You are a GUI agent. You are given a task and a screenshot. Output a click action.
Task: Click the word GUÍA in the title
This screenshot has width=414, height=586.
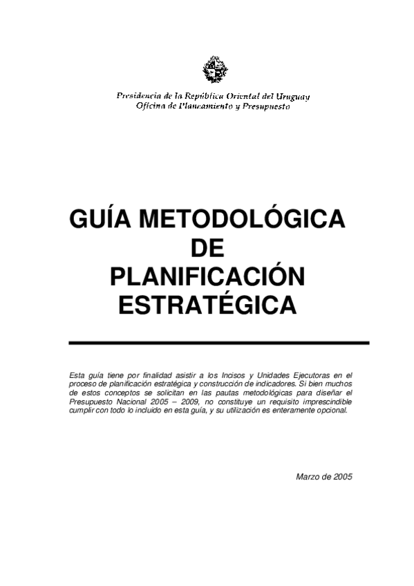pos(100,220)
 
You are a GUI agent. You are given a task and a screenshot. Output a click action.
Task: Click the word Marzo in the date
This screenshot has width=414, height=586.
pos(307,477)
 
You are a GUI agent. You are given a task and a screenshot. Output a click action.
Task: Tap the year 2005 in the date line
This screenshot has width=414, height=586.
pos(343,477)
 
